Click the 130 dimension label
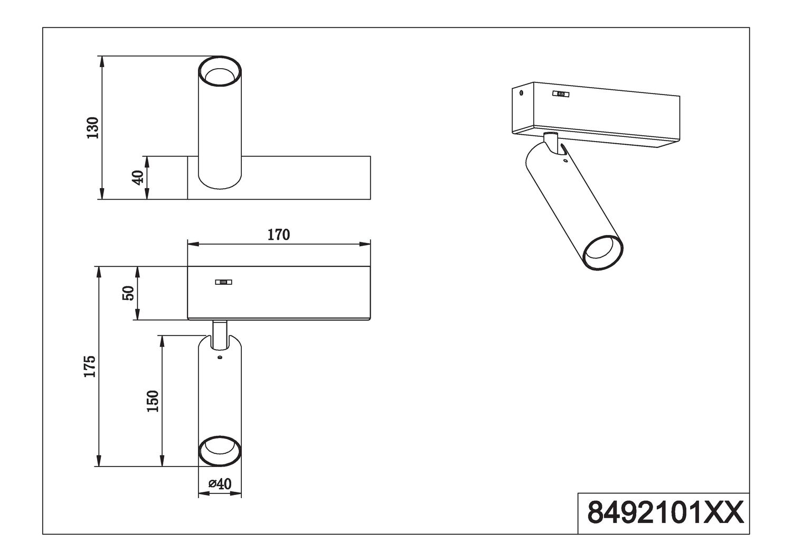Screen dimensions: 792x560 pos(93,127)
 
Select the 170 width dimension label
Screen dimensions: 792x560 pos(278,235)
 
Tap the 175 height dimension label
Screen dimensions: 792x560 pos(90,366)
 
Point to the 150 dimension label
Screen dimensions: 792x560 pos(153,401)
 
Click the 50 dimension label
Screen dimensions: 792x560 pos(128,293)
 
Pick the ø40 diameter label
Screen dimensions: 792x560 pos(220,483)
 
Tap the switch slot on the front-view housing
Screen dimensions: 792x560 pos(223,282)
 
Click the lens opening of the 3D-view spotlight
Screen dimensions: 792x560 pos(602,253)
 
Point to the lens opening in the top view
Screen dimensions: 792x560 pos(220,76)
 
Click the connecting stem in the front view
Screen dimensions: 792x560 pos(220,334)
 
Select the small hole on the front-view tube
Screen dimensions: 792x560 pos(220,358)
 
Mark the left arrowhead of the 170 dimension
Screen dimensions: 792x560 pos(193,244)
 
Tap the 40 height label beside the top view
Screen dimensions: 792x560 pos(138,177)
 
